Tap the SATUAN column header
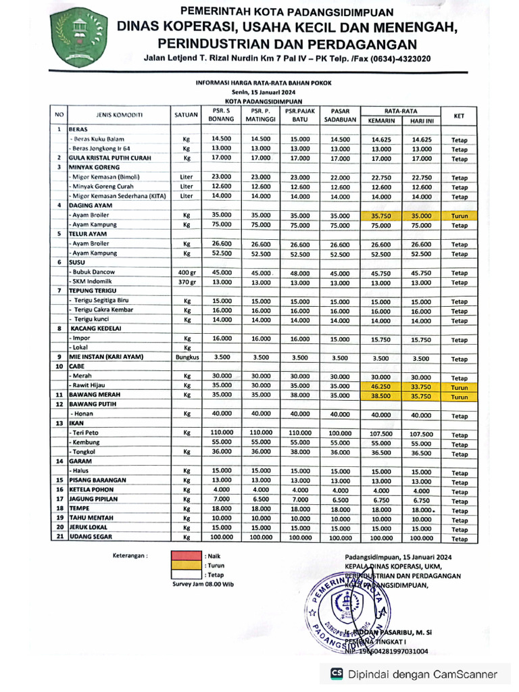[x=186, y=115]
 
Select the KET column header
[x=459, y=116]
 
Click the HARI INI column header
[x=422, y=121]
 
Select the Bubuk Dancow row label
[x=94, y=272]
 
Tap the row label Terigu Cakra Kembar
[x=103, y=310]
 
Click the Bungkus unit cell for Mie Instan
[x=187, y=357]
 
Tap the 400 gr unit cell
[x=187, y=272]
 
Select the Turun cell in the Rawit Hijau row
[x=459, y=388]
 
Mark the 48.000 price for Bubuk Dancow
[x=299, y=273]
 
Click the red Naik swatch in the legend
[x=181, y=555]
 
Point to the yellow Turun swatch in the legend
[x=181, y=565]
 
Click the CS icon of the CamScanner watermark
[x=337, y=673]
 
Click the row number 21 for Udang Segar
[x=59, y=537]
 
